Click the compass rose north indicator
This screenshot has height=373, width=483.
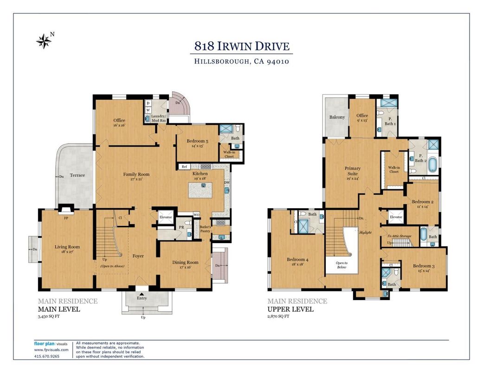pos(44,41)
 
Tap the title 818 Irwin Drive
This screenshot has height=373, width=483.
pos(242,46)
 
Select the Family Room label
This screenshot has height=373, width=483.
pos(136,174)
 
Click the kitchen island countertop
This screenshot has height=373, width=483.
pos(200,190)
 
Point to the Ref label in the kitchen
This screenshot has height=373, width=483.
pos(184,167)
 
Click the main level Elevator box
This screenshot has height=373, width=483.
pos(166,217)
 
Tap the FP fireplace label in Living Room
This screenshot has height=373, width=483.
pos(66,219)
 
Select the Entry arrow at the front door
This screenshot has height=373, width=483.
pos(142,295)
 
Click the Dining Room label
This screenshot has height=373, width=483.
pos(185,263)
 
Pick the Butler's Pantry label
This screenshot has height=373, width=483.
pos(205,229)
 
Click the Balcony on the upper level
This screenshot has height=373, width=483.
pos(337,117)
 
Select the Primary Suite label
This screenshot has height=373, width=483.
pos(353,171)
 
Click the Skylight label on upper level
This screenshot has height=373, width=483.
pos(365,232)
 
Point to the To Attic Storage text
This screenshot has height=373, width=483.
pos(399,236)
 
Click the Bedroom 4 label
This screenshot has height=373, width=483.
pos(297,260)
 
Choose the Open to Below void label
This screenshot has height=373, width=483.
pos(341,265)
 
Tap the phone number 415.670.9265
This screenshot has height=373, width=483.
pos(46,356)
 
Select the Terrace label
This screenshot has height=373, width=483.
pos(77,175)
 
